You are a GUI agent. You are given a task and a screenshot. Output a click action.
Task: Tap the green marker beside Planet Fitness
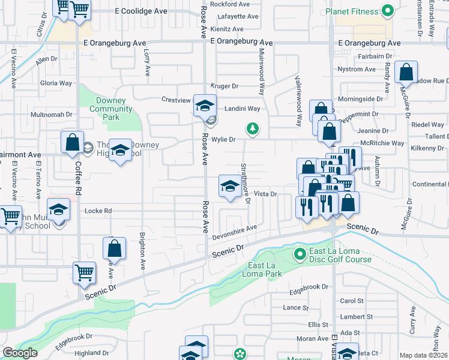click(388, 11)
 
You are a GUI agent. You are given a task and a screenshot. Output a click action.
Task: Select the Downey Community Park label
click(110, 109)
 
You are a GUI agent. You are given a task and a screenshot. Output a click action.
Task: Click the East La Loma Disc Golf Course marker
click(300, 255)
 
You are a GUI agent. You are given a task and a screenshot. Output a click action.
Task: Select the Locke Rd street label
click(100, 211)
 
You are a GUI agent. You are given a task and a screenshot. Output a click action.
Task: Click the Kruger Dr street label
click(224, 86)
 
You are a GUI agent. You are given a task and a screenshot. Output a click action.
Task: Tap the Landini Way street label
click(242, 109)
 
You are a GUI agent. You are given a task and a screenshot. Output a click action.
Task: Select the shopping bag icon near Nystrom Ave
click(406, 72)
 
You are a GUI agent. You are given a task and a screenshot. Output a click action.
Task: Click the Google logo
click(20, 353)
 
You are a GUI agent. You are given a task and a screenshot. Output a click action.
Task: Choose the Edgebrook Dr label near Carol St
click(309, 287)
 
